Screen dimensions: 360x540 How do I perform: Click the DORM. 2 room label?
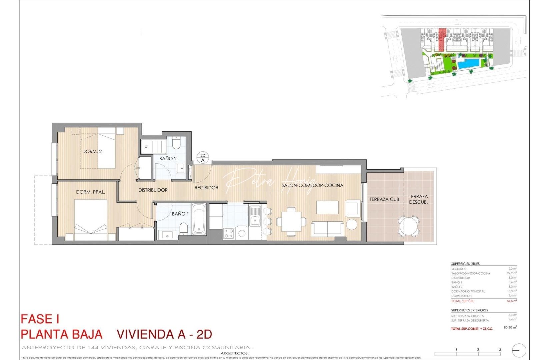coord(92,151)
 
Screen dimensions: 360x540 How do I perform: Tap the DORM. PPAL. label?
coord(91,192)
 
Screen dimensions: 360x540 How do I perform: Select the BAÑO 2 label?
coord(168,159)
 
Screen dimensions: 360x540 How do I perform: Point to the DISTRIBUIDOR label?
coord(153,190)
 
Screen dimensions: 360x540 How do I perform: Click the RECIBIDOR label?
coord(206,188)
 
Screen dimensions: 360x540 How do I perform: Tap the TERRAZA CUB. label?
coord(385,199)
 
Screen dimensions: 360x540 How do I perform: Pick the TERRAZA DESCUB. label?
coord(418,199)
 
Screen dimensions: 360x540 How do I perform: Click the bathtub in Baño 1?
coord(199,220)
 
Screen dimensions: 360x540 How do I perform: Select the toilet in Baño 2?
coord(176,144)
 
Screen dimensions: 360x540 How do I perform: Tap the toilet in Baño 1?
coord(184,229)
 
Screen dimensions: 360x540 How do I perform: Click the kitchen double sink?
coord(255,216)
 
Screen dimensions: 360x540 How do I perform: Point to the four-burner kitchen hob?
coord(229,233)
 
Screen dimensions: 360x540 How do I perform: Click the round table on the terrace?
coord(409,226)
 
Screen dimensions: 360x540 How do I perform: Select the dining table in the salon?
coord(291,221)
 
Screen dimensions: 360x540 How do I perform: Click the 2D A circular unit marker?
coord(203,158)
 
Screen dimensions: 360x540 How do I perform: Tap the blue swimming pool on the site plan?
coord(469,64)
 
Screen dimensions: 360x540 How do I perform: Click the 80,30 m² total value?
coord(510,327)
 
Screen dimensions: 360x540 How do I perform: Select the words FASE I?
coord(40,319)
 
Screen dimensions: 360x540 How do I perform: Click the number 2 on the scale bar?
coord(478,349)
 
